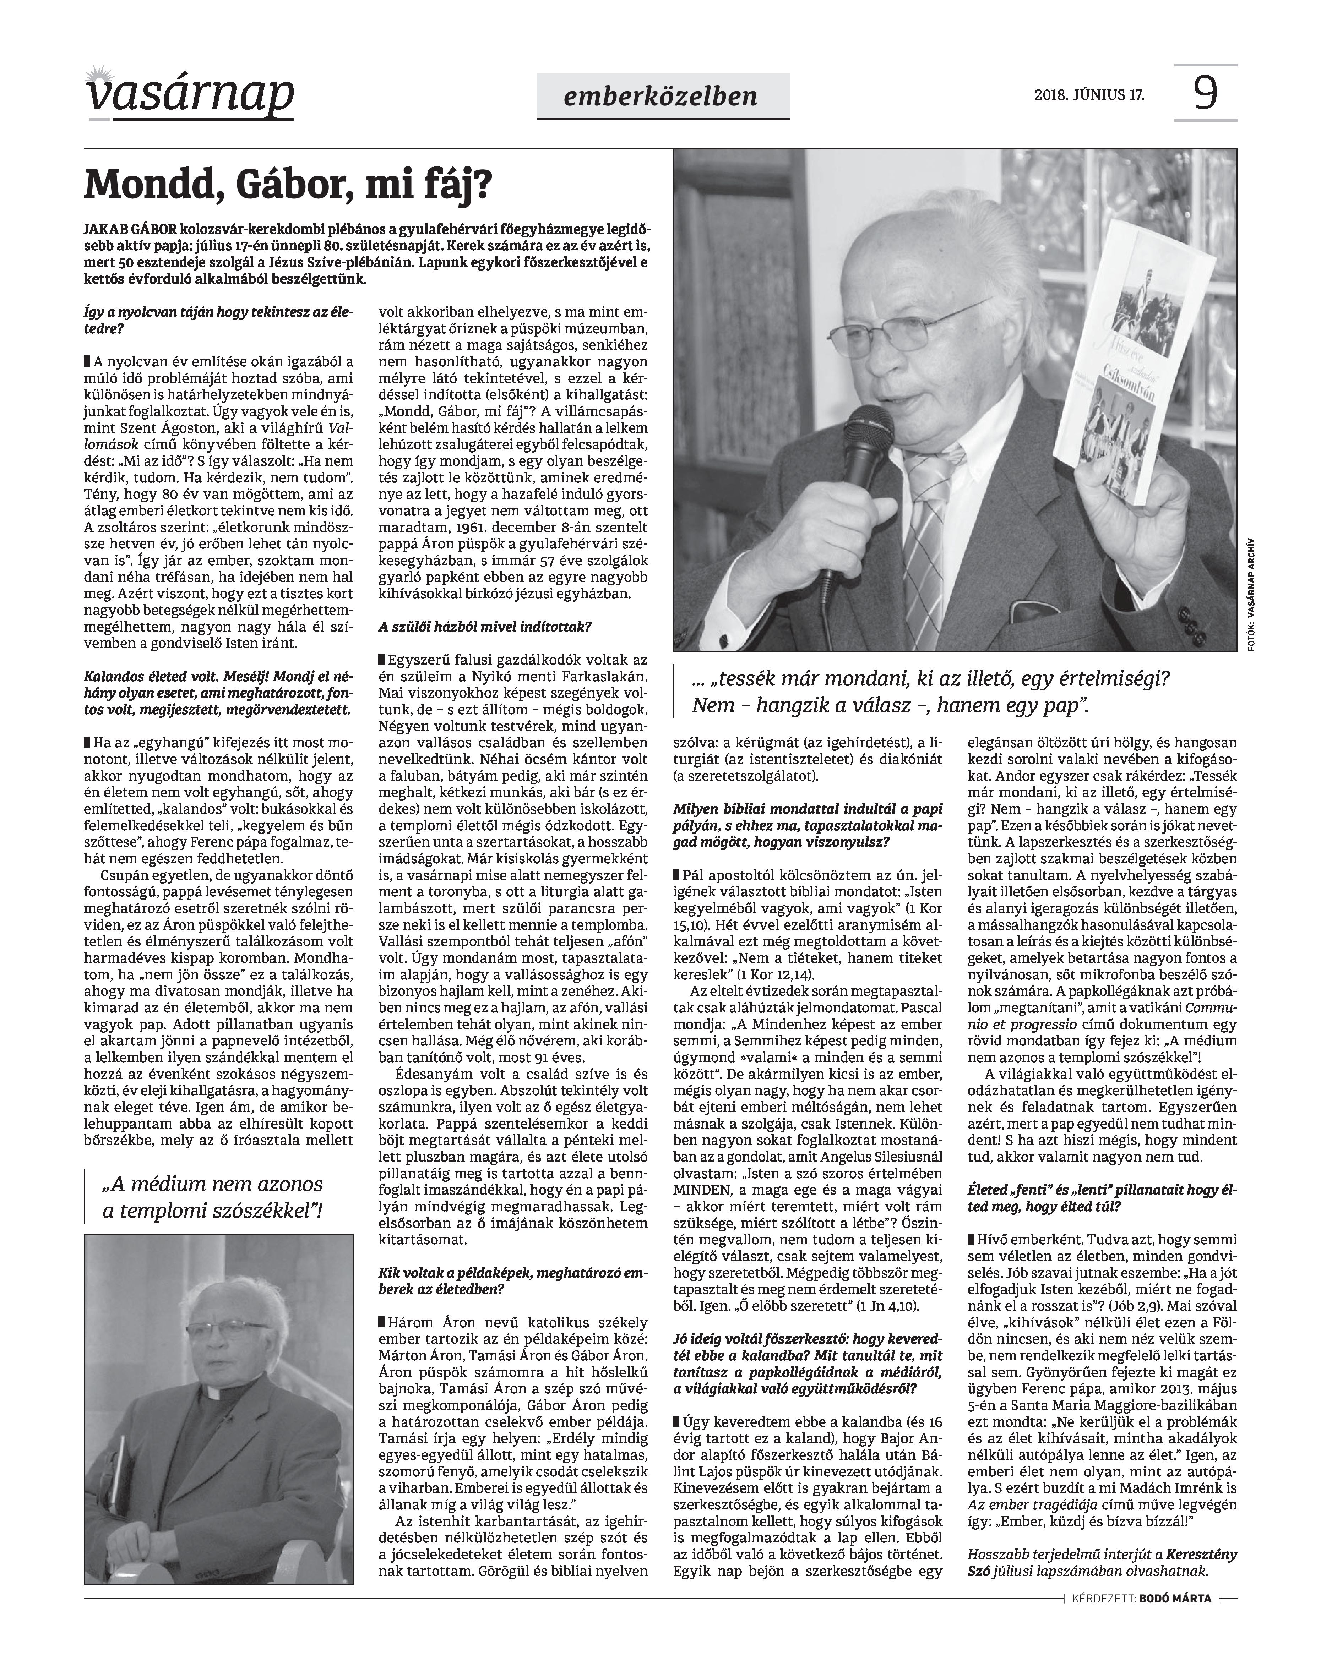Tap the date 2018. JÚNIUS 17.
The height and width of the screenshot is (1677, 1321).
1089,96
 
